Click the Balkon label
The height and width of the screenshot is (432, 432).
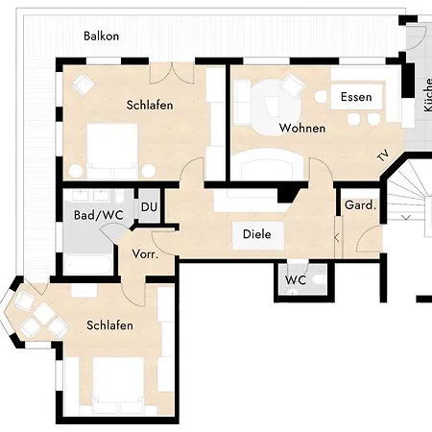[101, 36]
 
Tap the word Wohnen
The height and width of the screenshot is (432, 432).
[302, 128]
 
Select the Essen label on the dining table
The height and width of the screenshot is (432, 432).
[356, 97]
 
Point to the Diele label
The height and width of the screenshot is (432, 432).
[257, 234]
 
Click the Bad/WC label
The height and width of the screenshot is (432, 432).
[99, 215]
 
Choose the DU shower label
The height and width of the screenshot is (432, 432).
[149, 207]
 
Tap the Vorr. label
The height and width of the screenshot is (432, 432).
[145, 254]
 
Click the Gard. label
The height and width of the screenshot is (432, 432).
[360, 205]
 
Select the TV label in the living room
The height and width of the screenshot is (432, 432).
[383, 156]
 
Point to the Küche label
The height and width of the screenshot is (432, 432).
[427, 95]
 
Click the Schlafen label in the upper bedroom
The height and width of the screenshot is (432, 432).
[150, 105]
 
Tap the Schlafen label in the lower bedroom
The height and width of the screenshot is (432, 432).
[109, 325]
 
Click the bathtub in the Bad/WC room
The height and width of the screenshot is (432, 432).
[87, 265]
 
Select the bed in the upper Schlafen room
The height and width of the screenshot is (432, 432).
[112, 151]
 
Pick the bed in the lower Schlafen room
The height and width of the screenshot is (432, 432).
[118, 385]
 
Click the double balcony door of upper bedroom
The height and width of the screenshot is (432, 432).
[172, 73]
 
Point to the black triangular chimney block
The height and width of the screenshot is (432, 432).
[287, 195]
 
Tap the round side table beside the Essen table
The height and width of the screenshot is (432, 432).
[321, 96]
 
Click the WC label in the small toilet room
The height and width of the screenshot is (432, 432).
[296, 280]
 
